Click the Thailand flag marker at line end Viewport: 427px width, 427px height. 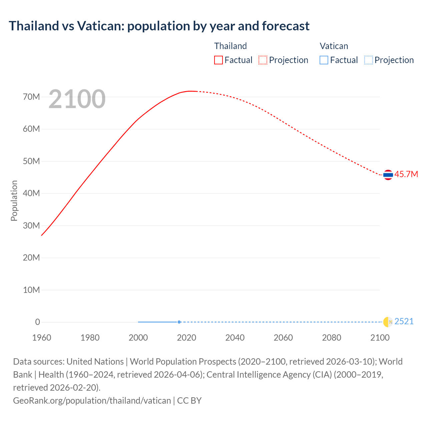coord(388,174)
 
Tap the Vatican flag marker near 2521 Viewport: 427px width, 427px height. coord(388,322)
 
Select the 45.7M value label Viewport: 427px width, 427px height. coord(406,174)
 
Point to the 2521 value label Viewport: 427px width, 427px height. coord(404,321)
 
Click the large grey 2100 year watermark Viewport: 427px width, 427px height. coord(77,99)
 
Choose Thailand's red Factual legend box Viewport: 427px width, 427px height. coord(218,60)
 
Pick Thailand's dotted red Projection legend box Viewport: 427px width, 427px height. coord(263,60)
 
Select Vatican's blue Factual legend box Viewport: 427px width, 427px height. coord(324,60)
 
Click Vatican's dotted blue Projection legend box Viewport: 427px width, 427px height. coord(368,60)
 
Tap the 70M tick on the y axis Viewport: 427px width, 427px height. coord(31,97)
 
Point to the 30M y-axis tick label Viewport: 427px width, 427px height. coord(31,226)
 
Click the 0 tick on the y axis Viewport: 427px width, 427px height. coord(37,322)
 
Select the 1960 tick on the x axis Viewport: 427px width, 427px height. coord(42,338)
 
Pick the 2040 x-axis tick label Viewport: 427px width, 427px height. coord(235,338)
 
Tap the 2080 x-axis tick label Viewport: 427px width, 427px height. coord(332,338)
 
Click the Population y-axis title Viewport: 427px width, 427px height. coord(14,200)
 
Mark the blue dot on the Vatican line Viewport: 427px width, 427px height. coord(179,322)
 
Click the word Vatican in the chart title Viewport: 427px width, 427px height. coord(100,26)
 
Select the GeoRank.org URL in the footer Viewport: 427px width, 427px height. coord(92,400)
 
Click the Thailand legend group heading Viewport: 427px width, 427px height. coord(230,46)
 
